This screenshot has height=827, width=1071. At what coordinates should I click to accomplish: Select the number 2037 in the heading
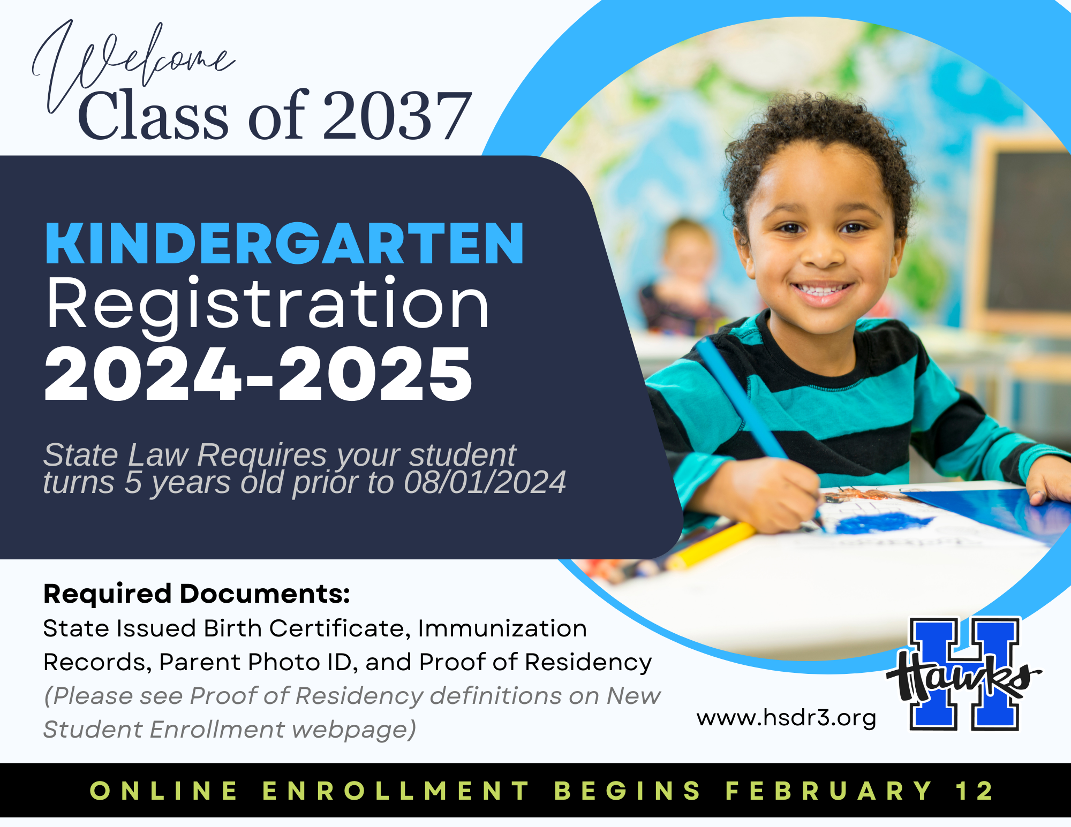(397, 116)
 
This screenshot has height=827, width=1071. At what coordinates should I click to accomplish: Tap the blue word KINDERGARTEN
(284, 244)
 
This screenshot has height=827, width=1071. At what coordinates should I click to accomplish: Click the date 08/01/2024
(485, 482)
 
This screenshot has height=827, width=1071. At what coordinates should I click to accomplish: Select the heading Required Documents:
(197, 594)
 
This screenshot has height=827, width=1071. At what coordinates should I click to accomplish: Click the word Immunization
(502, 628)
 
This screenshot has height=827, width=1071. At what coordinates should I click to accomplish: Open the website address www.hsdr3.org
(786, 718)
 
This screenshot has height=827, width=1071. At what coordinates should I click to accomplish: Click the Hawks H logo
(964, 674)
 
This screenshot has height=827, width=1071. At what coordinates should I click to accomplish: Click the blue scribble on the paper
(884, 522)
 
